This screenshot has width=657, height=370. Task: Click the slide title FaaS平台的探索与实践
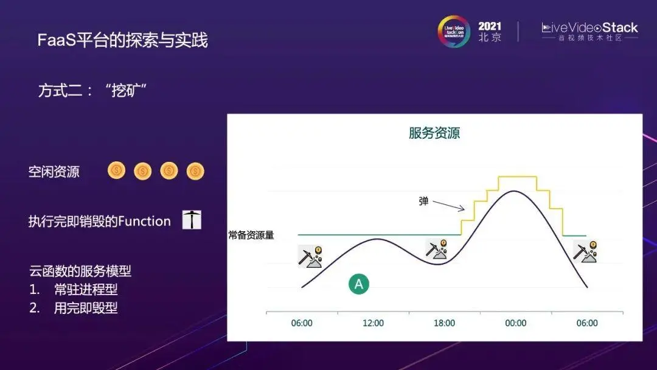click(122, 40)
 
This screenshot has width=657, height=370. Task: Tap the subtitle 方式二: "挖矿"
click(92, 90)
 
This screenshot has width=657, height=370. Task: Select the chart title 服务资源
click(434, 133)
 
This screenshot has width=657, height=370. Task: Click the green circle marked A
click(359, 284)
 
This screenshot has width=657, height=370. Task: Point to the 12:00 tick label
click(373, 323)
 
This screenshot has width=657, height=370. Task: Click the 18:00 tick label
click(444, 323)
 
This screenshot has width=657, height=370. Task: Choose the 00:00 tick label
click(515, 323)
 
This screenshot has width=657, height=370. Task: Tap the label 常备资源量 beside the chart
click(251, 235)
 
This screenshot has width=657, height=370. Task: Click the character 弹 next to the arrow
click(423, 201)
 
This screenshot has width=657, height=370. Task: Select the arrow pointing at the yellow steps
click(449, 205)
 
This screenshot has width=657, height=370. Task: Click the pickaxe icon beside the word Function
click(192, 220)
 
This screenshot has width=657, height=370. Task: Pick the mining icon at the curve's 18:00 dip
click(436, 249)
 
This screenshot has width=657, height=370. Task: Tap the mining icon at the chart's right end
click(585, 251)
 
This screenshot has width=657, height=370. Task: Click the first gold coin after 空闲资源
click(116, 170)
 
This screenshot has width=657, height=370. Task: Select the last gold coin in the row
click(195, 171)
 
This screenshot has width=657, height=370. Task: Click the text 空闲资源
click(54, 172)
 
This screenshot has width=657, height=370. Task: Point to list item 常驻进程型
click(86, 289)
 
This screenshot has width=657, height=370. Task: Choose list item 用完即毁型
click(86, 308)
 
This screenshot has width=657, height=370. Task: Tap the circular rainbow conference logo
click(454, 32)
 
